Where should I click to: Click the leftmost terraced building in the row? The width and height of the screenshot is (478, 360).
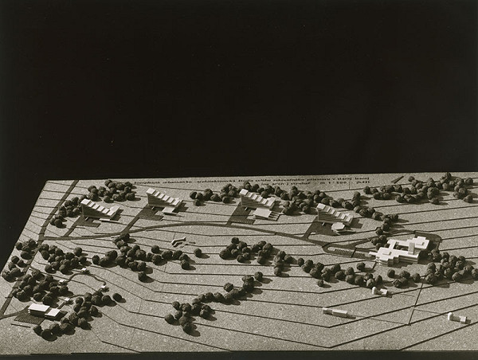click(100, 209)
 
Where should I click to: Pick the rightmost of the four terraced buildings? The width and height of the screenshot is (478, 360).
click(333, 213)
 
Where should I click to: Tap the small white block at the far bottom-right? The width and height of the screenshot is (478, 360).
click(456, 318)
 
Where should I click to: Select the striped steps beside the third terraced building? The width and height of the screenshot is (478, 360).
click(274, 213)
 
